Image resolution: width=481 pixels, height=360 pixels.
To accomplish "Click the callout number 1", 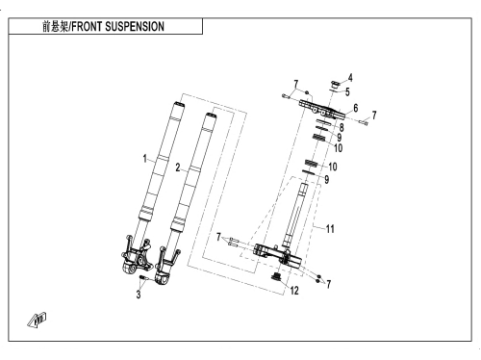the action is [145, 159].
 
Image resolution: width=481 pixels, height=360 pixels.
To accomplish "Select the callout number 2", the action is [178, 167].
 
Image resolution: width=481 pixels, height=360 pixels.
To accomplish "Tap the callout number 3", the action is [139, 295].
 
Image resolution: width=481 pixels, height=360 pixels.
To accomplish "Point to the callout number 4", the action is [350, 78].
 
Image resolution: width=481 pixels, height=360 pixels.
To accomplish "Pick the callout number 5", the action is [347, 92].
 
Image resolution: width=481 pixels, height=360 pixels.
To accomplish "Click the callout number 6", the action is [355, 108].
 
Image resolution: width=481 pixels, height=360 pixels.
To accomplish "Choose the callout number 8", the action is [342, 127].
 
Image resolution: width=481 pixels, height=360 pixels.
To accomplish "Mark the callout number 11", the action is [330, 229].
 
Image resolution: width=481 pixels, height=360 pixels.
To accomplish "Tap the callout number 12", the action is [294, 291].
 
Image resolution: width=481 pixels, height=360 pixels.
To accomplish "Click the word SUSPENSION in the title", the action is [135, 26].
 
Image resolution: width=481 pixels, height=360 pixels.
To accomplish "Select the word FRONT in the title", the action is [87, 26].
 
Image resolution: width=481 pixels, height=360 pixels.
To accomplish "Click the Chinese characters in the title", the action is [55, 26].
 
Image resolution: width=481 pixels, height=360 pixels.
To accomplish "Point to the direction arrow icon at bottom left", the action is [37, 321].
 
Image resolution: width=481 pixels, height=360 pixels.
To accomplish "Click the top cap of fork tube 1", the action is [179, 105].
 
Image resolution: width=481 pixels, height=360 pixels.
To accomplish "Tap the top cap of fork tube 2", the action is [210, 116].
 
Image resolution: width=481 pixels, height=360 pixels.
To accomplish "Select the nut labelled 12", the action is [275, 277].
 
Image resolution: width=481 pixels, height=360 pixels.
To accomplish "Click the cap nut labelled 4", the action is [335, 86].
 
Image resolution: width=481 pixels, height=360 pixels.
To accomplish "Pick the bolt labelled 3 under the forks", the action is [142, 277].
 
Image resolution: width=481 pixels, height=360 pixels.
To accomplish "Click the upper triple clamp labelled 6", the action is [322, 109].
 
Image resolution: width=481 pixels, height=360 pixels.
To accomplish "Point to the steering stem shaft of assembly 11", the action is [295, 214].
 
